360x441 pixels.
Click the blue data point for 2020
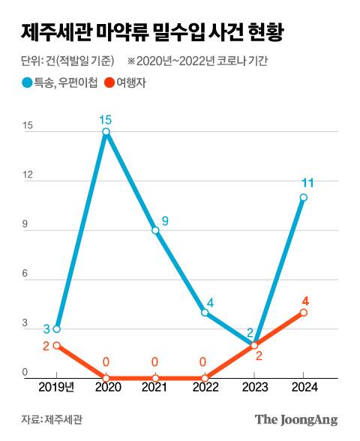click(x=106, y=132)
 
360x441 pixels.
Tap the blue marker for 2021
click(x=155, y=230)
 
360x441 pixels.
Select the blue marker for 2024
click(x=303, y=197)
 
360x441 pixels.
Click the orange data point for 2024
click(x=303, y=312)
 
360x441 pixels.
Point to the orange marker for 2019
click(x=56, y=345)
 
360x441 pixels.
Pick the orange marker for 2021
click(x=155, y=378)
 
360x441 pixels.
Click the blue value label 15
click(x=106, y=118)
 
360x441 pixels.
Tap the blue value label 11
click(x=307, y=183)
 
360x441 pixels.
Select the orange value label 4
click(x=306, y=299)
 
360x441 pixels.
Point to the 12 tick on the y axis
click(x=28, y=175)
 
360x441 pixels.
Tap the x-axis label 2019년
click(x=56, y=388)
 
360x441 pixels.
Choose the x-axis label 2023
click(x=253, y=388)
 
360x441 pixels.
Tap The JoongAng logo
click(x=296, y=420)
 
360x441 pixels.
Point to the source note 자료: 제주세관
click(x=52, y=420)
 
